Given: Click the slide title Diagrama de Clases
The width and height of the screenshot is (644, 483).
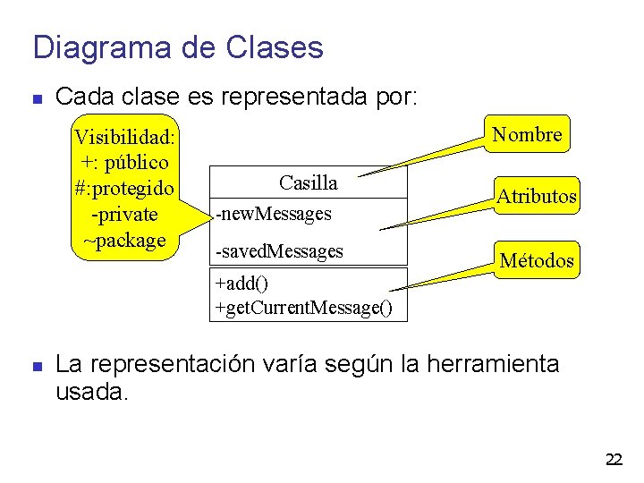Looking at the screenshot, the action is (178, 47).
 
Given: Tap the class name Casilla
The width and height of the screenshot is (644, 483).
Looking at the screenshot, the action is (308, 183).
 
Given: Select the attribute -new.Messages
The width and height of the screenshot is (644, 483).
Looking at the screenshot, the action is (274, 214).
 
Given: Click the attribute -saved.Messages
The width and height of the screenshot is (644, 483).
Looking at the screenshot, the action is (279, 251).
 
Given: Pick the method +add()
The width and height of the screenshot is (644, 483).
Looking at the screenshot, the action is (241, 284).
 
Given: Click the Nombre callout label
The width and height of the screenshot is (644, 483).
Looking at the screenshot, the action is (528, 135).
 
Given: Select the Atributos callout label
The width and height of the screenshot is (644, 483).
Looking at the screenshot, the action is (537, 196).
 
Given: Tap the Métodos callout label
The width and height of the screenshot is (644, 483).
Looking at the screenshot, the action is (537, 260).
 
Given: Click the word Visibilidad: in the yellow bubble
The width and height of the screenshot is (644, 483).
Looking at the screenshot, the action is (125, 138).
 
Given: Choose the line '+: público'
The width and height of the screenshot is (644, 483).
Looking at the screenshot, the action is (124, 163).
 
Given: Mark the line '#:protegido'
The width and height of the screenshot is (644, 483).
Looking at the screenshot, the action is (124, 189).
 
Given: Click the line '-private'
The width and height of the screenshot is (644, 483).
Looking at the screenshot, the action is (124, 215).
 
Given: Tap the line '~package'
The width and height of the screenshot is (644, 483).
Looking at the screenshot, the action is (124, 240).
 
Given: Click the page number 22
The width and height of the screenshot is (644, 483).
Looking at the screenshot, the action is (614, 460).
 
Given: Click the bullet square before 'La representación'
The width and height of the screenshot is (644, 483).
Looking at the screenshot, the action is (37, 366).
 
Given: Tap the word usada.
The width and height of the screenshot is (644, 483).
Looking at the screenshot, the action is (92, 393).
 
